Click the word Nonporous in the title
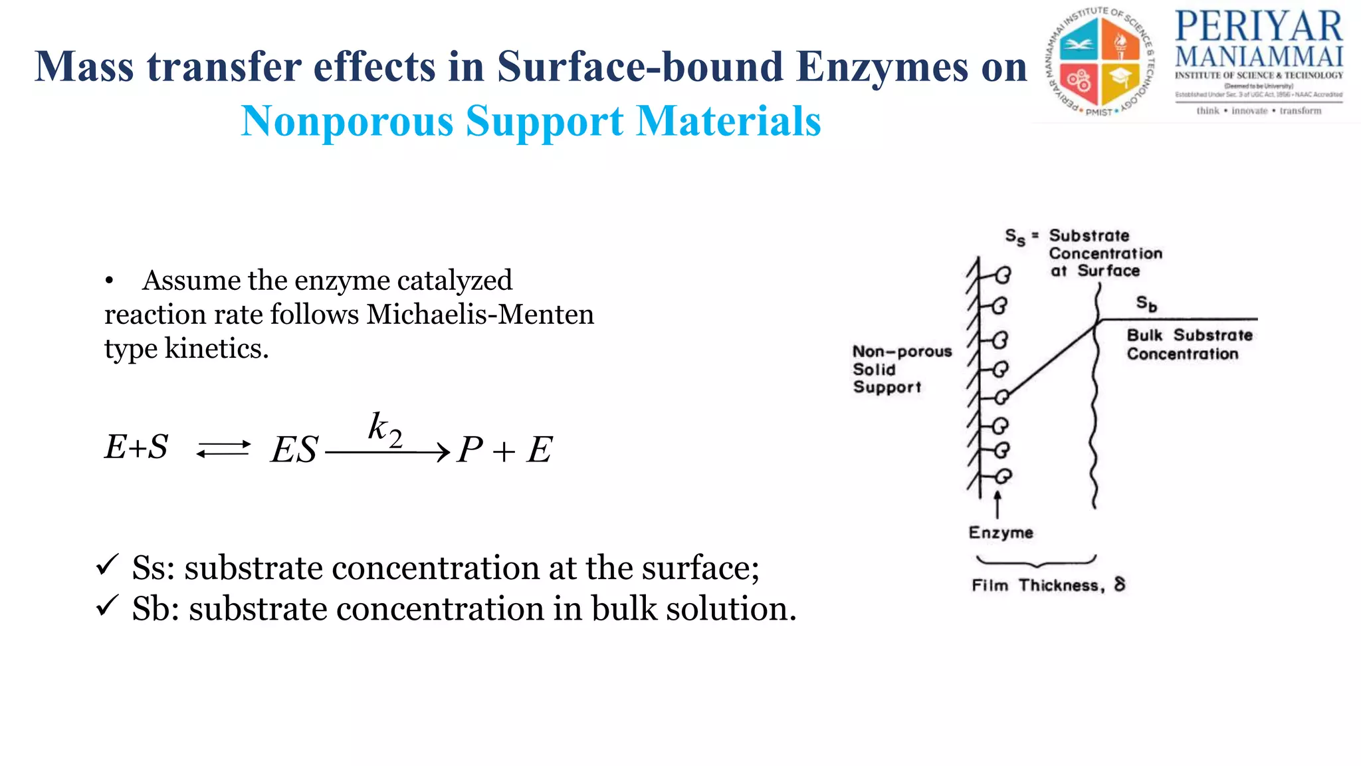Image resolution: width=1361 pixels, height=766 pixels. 347,121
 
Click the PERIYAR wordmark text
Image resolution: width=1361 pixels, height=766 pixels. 1259,27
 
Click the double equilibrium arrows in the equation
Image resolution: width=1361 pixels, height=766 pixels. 223,449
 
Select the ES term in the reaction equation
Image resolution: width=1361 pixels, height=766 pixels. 294,449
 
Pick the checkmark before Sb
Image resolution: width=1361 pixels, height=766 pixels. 107,606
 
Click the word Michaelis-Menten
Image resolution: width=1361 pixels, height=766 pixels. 480,314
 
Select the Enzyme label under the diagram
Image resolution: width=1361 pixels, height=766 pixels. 1001,533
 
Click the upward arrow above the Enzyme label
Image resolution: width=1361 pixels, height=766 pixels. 997,504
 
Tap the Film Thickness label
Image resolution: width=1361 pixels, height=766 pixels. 1048,585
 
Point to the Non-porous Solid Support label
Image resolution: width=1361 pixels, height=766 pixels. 901,369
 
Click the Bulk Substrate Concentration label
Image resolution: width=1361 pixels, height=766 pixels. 1188,344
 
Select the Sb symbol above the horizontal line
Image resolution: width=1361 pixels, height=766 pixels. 1146,304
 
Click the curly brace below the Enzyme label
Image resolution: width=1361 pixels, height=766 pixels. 1035,561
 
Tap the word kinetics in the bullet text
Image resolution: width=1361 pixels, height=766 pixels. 217,348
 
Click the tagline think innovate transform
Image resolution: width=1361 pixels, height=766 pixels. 1259,111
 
